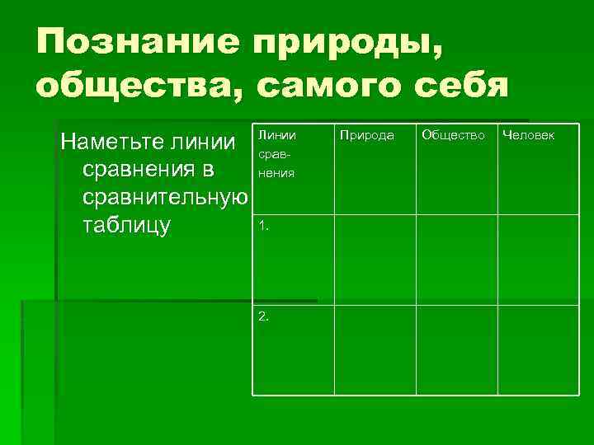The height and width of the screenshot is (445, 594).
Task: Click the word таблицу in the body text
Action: (x=126, y=226)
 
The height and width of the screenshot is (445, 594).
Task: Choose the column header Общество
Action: (x=453, y=134)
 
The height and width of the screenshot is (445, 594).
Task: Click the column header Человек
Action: (x=528, y=134)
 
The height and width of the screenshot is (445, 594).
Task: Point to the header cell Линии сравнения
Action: (x=276, y=153)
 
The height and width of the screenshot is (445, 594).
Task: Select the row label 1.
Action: (x=262, y=224)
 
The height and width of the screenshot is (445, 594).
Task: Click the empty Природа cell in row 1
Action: (x=375, y=260)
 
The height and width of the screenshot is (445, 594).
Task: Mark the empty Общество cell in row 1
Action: (x=455, y=260)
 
